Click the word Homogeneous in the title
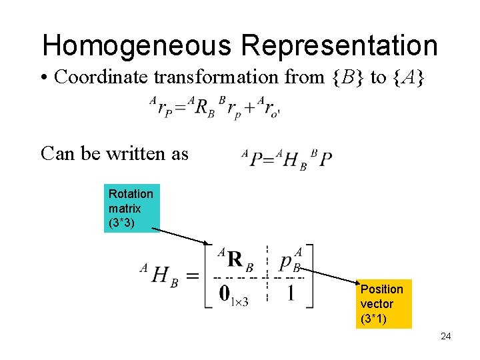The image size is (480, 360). pyautogui.click(x=137, y=45)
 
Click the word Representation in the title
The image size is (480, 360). pyautogui.click(x=339, y=45)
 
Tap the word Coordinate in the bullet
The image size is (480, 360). pyautogui.click(x=101, y=77)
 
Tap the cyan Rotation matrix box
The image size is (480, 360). pyautogui.click(x=132, y=208)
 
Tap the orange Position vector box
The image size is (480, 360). pyautogui.click(x=383, y=303)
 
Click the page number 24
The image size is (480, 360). pyautogui.click(x=446, y=336)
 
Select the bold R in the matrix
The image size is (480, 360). pyautogui.click(x=235, y=259)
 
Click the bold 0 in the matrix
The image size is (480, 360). pyautogui.click(x=227, y=293)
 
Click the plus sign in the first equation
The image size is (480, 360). pyautogui.click(x=250, y=108)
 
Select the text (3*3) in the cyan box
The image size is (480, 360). pyautogui.click(x=123, y=223)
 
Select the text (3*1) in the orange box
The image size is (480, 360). pyautogui.click(x=375, y=318)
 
